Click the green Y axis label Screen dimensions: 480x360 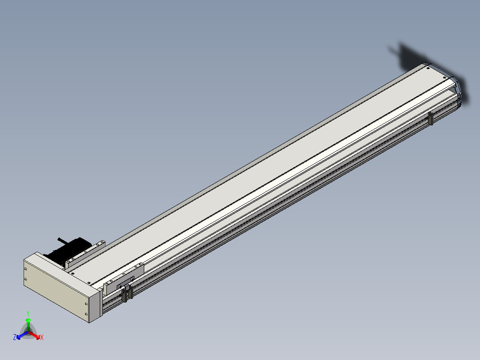pos(28,313)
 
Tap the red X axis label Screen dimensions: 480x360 pos(42,337)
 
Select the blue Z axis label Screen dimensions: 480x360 pos(14,337)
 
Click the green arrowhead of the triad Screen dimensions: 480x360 pos(28,320)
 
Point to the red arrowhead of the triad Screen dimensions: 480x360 pos(37,337)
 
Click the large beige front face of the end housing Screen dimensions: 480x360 pos(56,288)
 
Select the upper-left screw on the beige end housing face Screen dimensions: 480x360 pos(25,269)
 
